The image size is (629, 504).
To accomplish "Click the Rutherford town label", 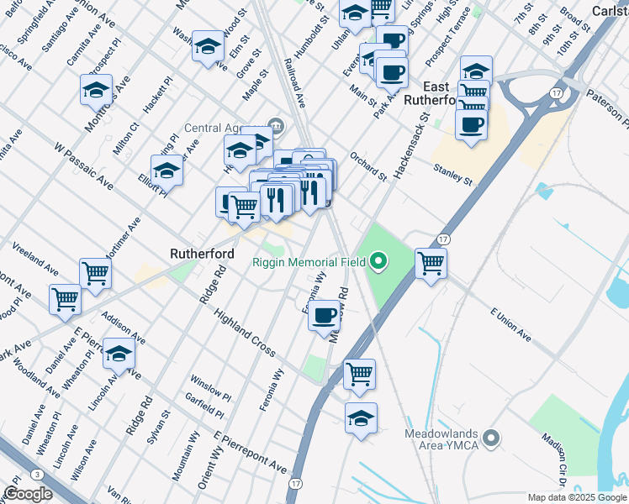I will [x=202, y=252].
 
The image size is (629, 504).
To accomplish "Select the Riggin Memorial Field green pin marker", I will [x=378, y=262].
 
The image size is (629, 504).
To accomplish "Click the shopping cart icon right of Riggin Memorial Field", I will [x=431, y=263].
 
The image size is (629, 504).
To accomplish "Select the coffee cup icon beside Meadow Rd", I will [x=324, y=316].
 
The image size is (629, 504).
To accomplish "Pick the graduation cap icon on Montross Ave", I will [x=97, y=89].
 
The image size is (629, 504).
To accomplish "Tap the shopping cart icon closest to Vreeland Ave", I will [x=95, y=273].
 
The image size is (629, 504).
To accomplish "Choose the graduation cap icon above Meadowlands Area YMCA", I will [x=361, y=418].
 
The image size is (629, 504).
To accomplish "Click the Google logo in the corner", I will [x=28, y=494].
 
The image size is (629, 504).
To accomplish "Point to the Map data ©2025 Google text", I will [x=577, y=497].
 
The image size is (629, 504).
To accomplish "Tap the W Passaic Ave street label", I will [x=84, y=165].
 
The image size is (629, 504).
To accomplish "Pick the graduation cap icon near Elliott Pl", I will [x=166, y=171].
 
